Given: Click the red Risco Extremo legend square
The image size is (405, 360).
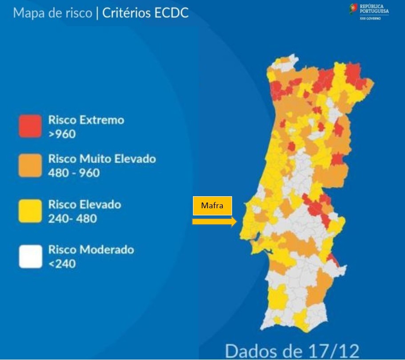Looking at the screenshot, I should coord(30,126).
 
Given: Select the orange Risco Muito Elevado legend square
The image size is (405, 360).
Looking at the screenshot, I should coord(30,165).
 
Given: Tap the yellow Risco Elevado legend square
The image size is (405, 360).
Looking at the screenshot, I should coord(30,211).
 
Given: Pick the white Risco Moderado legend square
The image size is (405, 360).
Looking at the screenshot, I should coord(30,256).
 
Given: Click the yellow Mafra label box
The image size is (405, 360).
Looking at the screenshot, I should coord(213,206).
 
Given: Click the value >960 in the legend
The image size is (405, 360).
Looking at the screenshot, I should coord(62,133).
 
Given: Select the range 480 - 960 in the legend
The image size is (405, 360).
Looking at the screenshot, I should coord(74,173).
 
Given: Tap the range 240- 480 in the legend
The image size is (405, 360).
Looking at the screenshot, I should coord(72,218).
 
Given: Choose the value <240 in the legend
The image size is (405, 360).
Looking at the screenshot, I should coord(62,263).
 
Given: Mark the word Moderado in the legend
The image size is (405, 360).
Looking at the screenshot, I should coord(107,249).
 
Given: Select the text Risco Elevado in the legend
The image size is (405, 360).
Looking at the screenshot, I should coord(84,205).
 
